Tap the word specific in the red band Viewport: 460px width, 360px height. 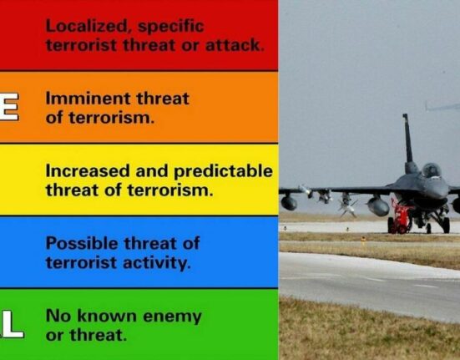coord(171,27)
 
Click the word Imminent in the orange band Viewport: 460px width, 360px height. coord(88,99)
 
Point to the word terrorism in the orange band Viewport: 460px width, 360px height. coord(111,118)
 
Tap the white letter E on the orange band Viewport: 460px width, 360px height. coord(9,106)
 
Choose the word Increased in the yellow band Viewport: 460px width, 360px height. coord(88,170)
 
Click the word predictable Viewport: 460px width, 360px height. coord(223,171)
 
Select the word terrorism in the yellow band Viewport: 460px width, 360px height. coord(169,190)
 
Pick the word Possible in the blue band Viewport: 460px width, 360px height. coord(82,243)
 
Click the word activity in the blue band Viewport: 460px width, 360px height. coord(157,263)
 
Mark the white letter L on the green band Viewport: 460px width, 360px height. coord(13,324)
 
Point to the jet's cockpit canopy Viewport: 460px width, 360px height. coord(432,170)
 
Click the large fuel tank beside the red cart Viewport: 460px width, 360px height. coord(378,205)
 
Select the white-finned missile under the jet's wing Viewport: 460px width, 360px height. coord(347,205)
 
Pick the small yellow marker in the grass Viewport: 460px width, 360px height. coord(363,240)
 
